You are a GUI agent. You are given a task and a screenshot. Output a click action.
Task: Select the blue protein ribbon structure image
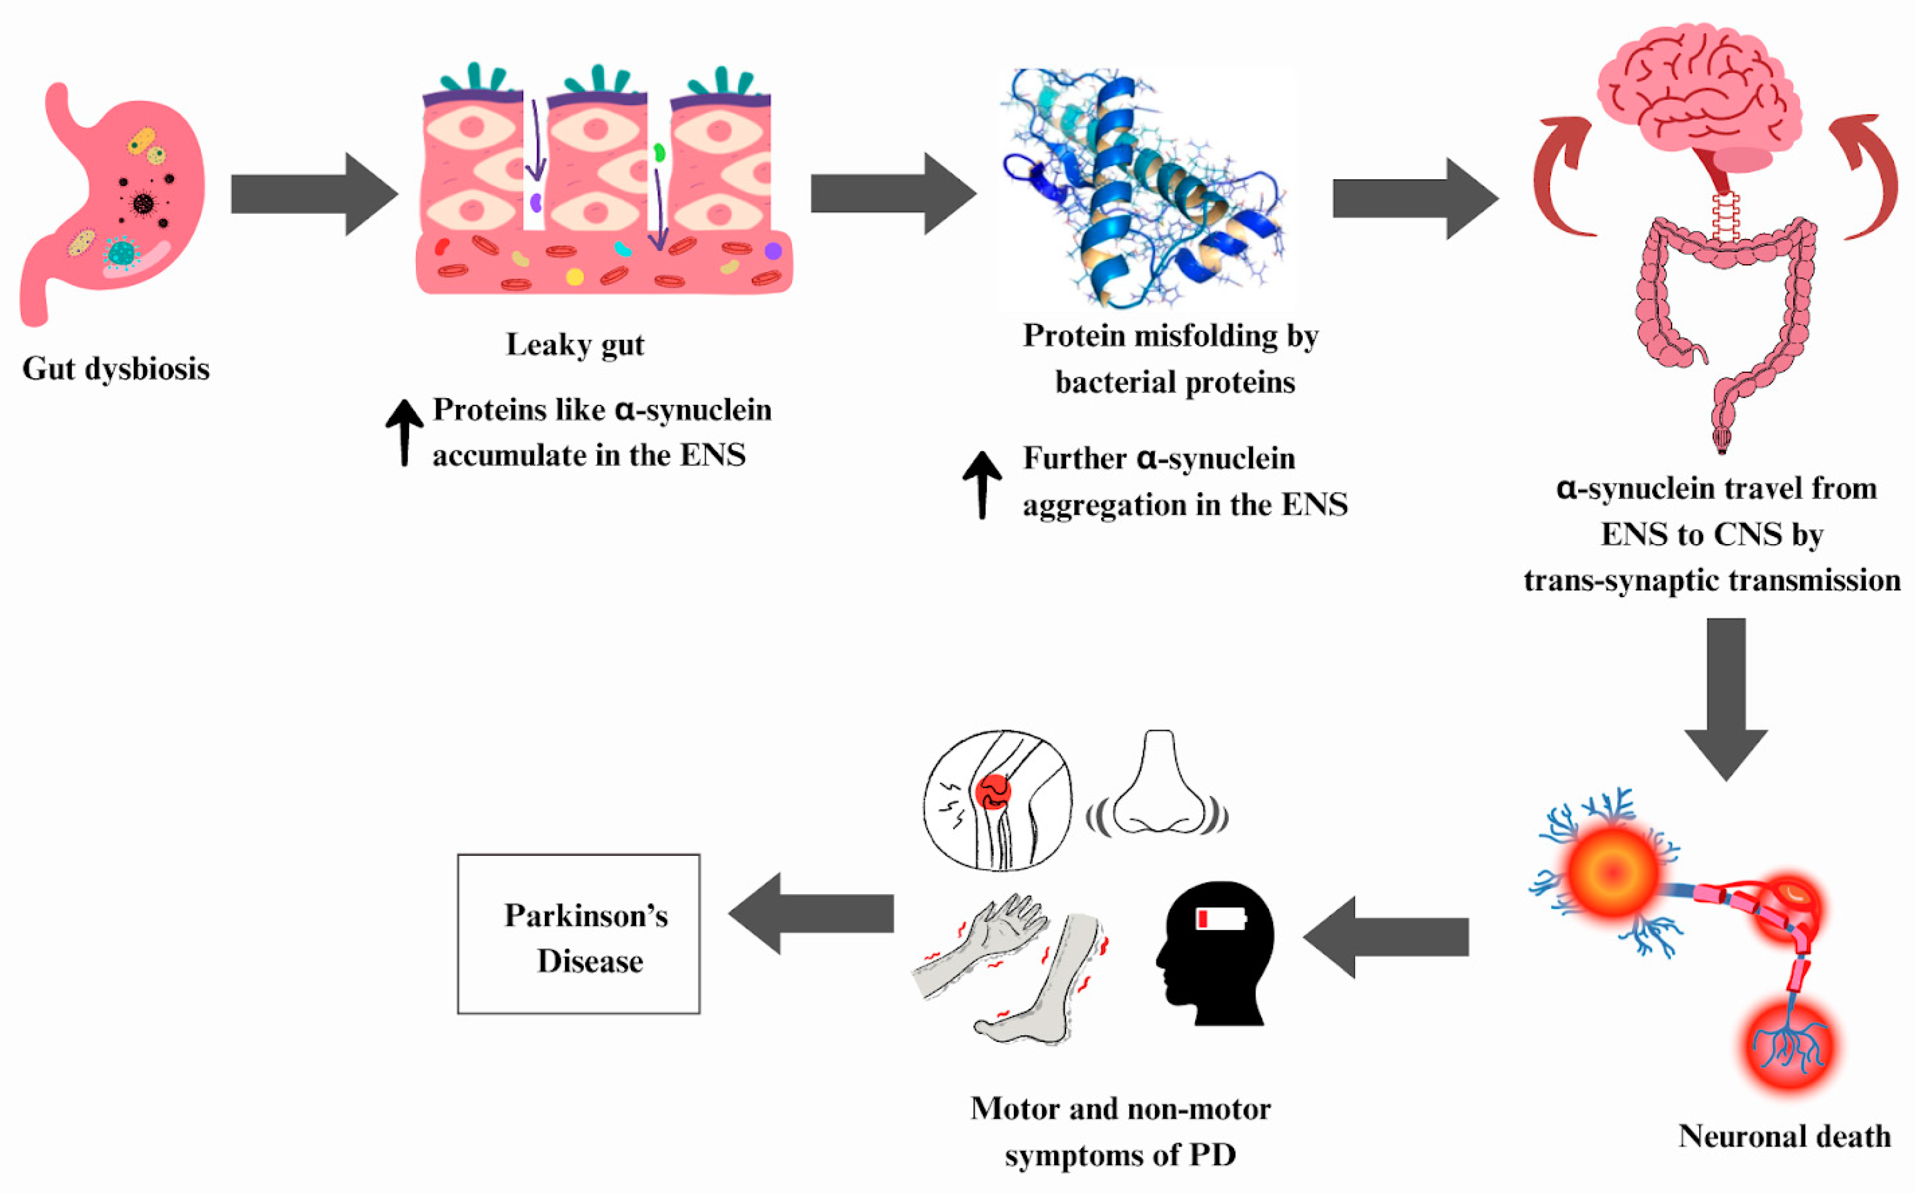pyautogui.click(x=1145, y=190)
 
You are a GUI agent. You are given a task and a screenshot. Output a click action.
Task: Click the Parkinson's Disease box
pyautogui.click(x=579, y=934)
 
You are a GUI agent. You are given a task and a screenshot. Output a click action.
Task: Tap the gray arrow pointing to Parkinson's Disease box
pyautogui.click(x=813, y=914)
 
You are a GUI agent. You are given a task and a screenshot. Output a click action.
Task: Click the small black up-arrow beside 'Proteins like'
pyautogui.click(x=404, y=432)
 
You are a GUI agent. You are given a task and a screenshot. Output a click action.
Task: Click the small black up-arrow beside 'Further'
pyautogui.click(x=982, y=484)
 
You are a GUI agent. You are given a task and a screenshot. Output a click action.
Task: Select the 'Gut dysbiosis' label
pyautogui.click(x=116, y=369)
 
